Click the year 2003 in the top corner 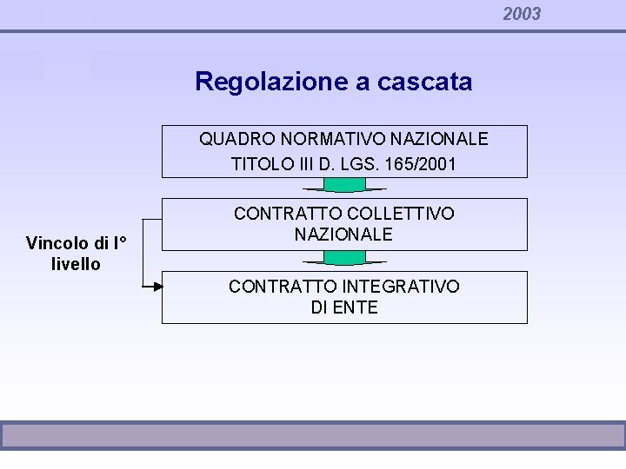(522, 14)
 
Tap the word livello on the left (77, 264)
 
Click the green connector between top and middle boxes (344, 184)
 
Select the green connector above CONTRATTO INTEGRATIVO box (344, 257)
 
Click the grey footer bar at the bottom (313, 435)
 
